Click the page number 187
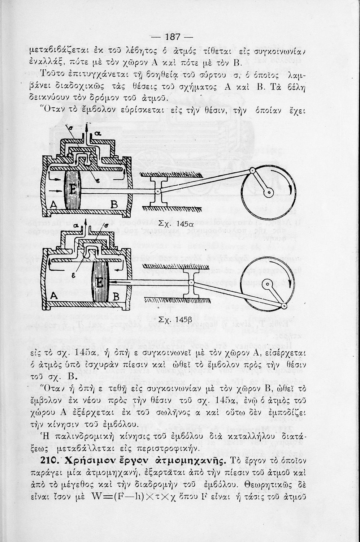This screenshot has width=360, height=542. (x=172, y=37)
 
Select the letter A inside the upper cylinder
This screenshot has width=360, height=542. (x=53, y=205)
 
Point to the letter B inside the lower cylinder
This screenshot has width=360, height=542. (x=116, y=297)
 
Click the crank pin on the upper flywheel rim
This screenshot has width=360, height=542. (x=252, y=170)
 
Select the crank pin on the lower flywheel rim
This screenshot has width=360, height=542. (x=284, y=306)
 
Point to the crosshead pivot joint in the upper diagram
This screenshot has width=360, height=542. (x=158, y=192)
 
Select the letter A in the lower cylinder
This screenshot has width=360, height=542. (x=54, y=295)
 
